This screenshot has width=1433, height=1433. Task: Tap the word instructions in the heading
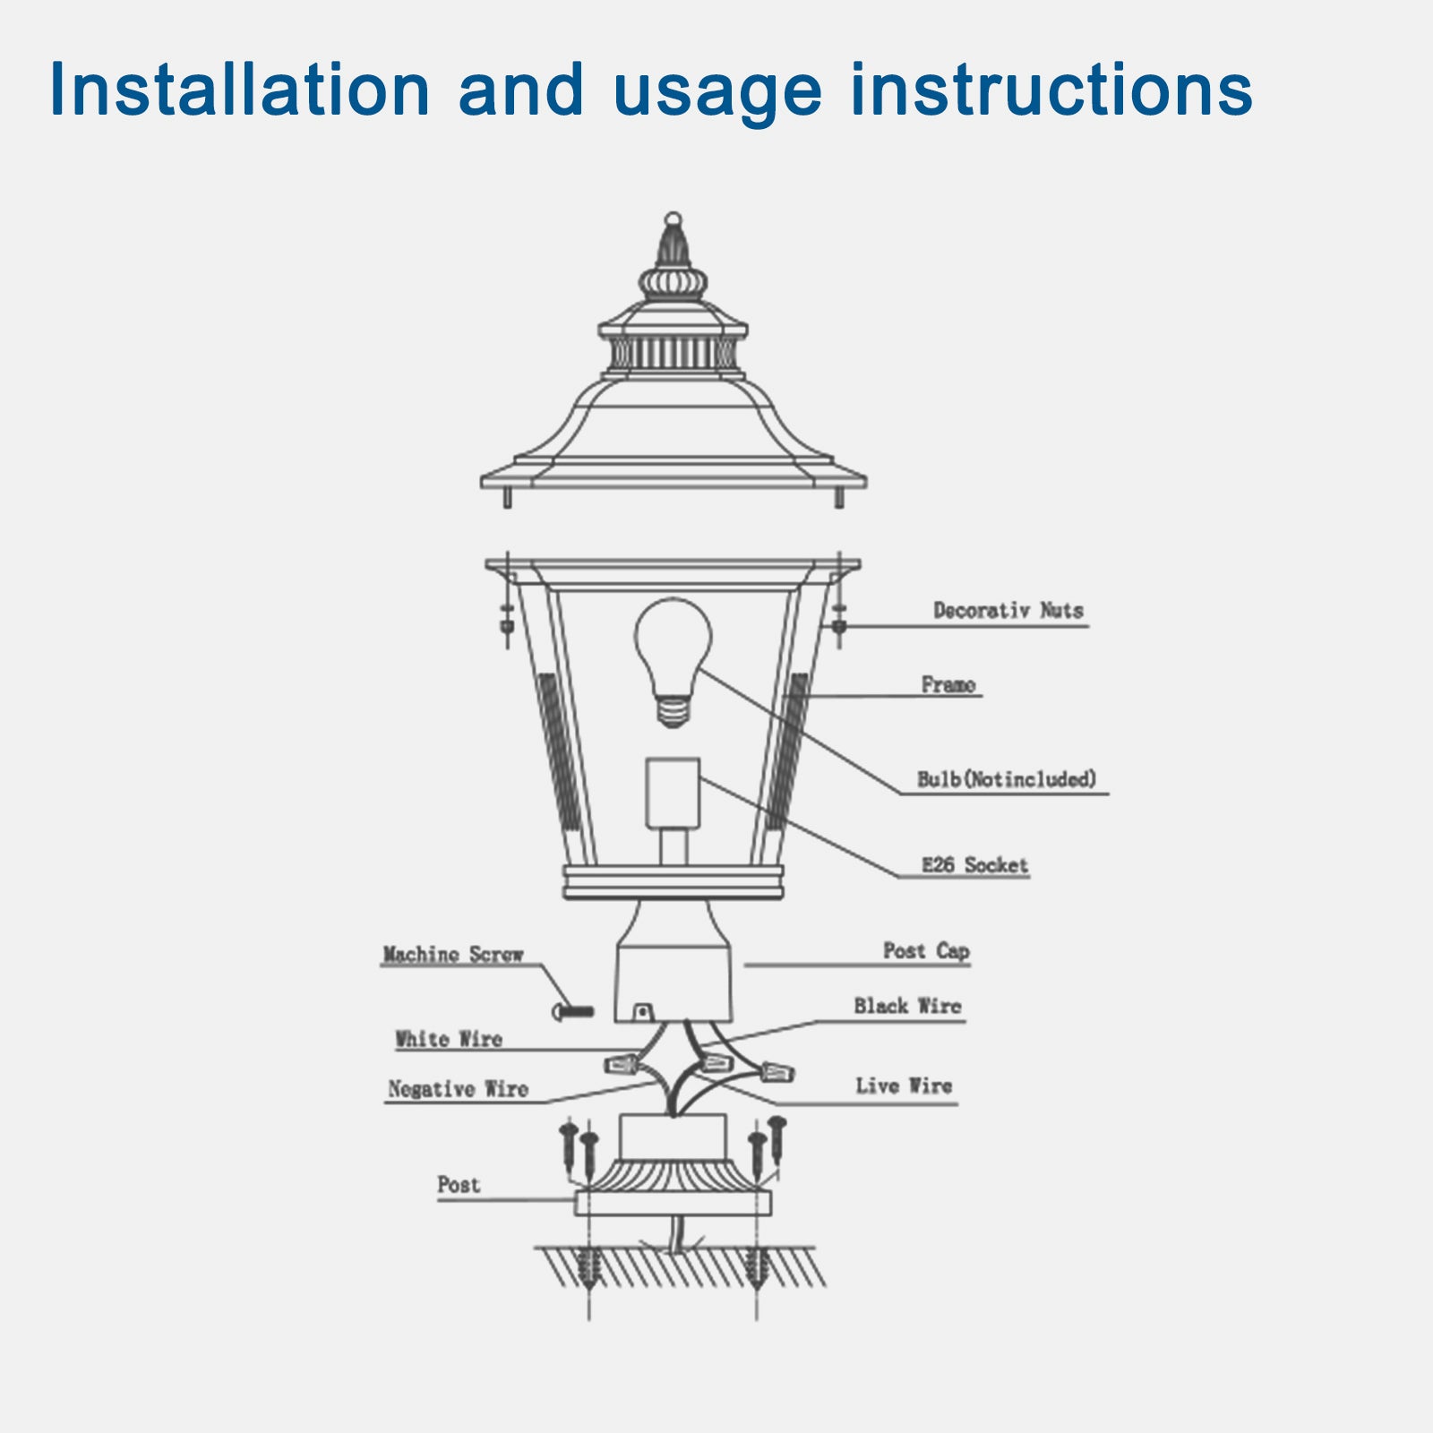1051,90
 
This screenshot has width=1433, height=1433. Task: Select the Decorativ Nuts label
1008,611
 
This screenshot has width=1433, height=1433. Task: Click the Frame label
948,685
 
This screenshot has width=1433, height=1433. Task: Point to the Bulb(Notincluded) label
1007,779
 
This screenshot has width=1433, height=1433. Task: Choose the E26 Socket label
974,865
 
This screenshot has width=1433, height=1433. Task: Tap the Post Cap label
926,951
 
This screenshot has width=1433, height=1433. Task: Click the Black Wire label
906,1007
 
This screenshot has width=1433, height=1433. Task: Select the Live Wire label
903,1086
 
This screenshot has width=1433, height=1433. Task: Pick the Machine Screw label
452,955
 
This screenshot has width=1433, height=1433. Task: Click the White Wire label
449,1040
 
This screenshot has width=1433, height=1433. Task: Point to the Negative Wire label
458,1089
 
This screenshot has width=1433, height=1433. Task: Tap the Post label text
459,1185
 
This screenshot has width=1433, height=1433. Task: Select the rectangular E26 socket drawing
673,793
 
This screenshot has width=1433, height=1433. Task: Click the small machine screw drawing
573,1012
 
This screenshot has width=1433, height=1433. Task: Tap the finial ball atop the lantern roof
673,219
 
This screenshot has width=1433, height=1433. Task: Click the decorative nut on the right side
839,620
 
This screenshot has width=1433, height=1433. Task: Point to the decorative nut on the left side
507,620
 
